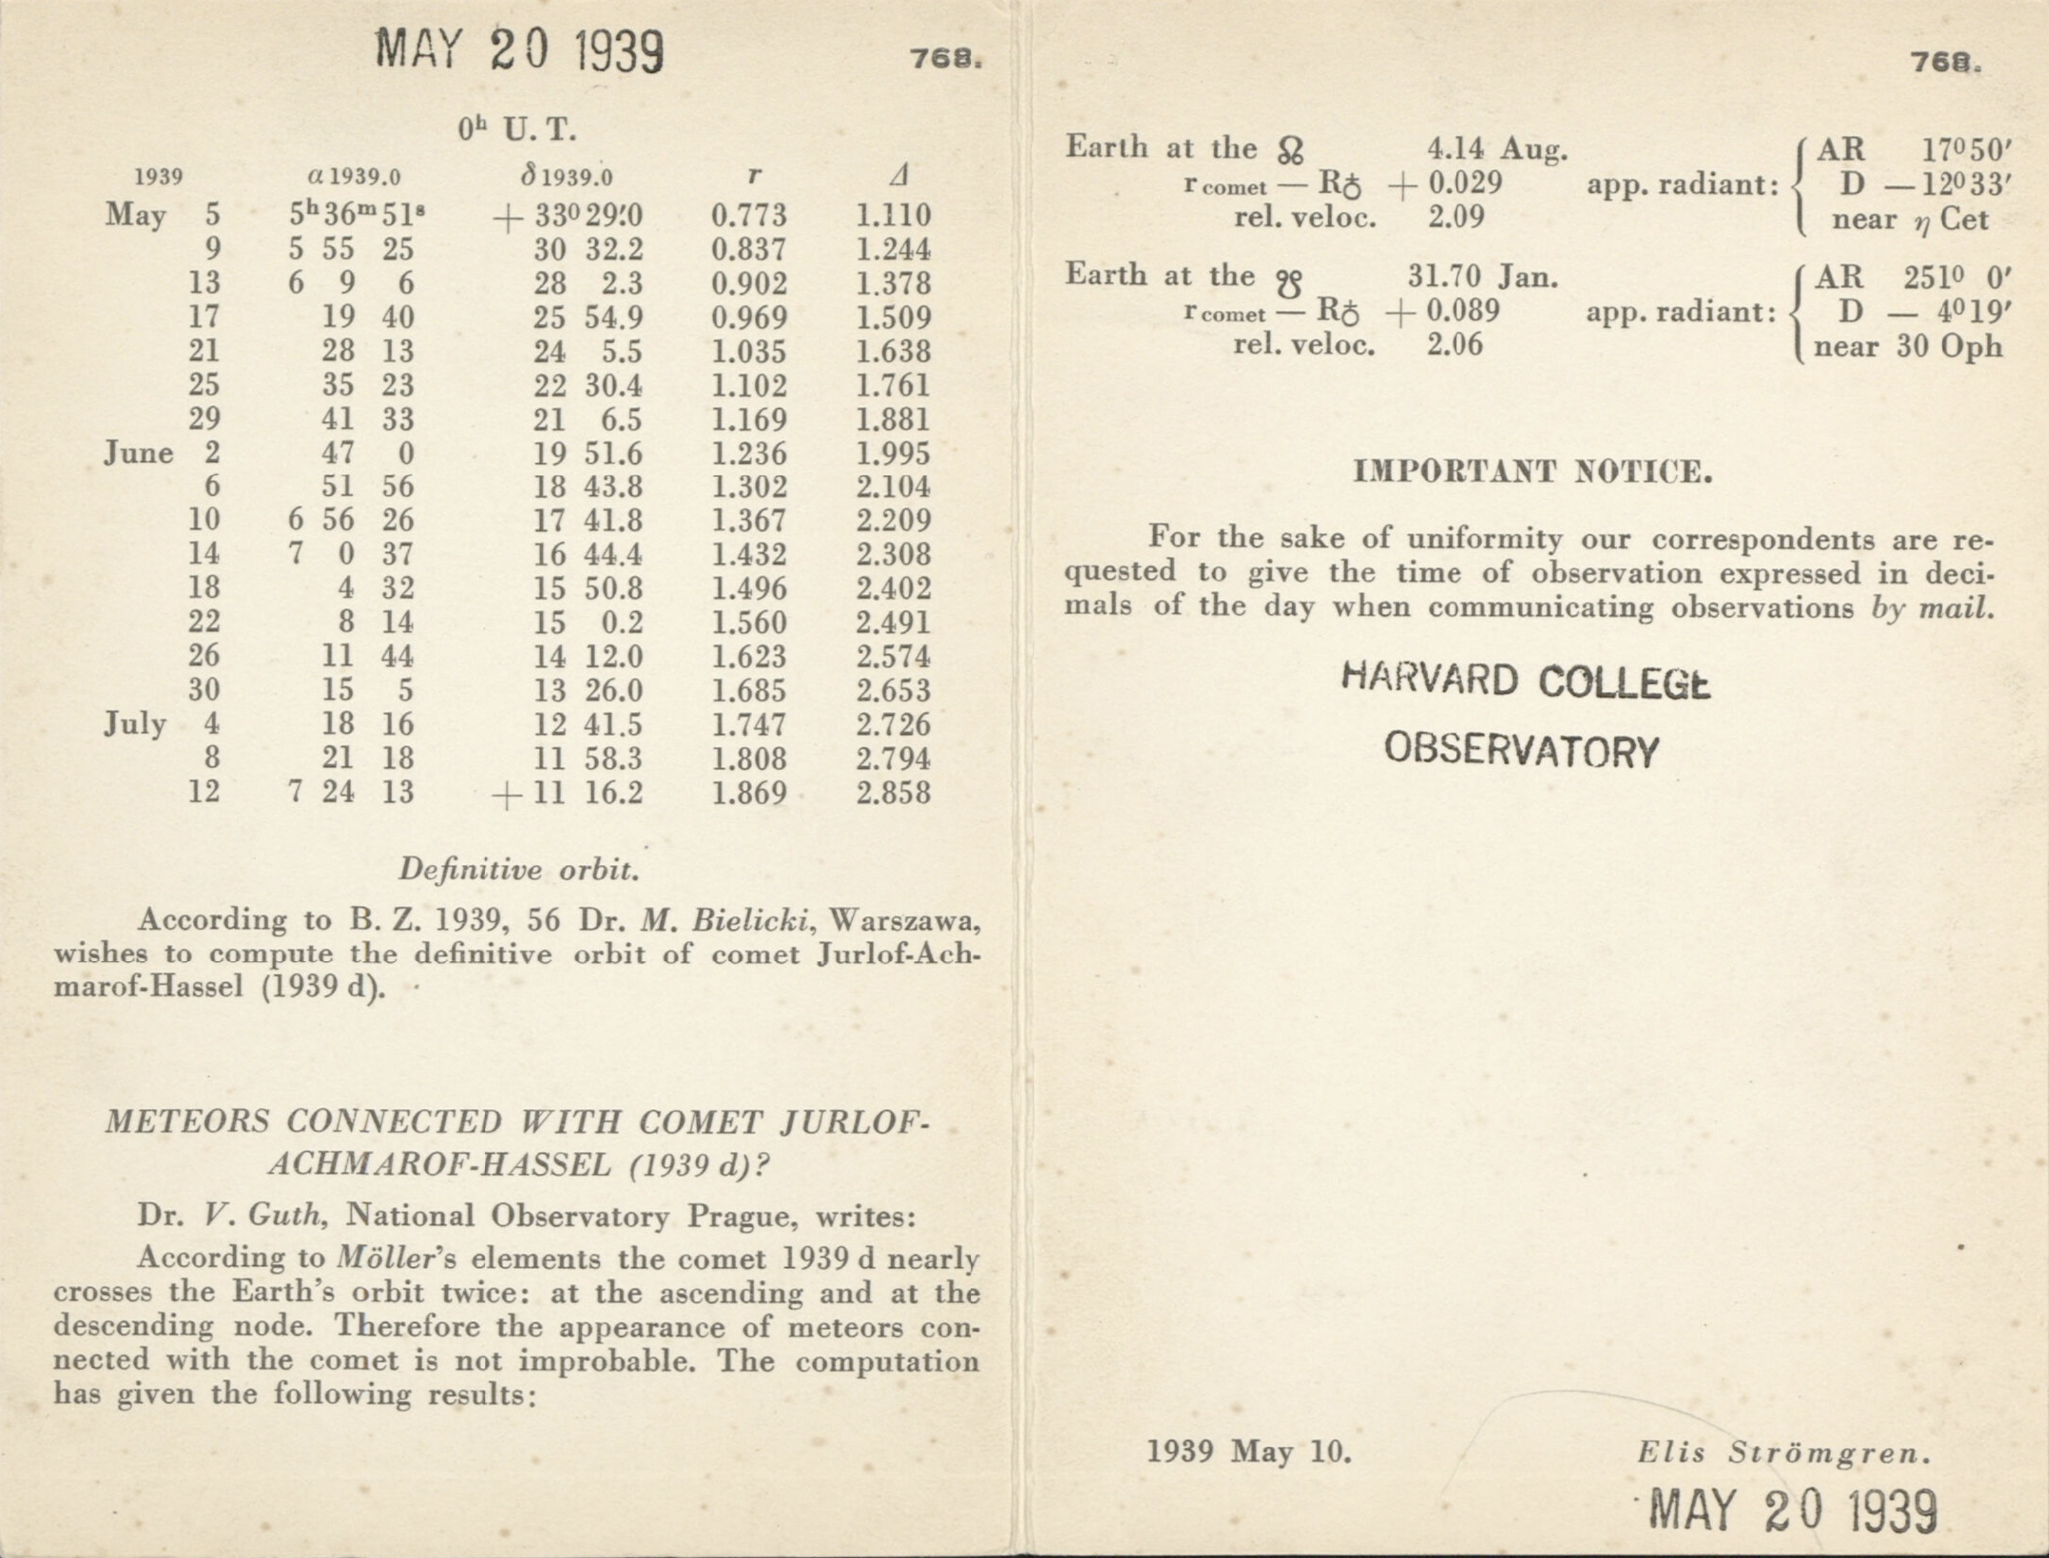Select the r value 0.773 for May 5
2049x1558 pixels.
pyautogui.click(x=748, y=216)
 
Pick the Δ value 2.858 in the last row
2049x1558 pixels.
pyautogui.click(x=893, y=793)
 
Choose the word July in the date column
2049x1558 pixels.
pyautogui.click(x=135, y=723)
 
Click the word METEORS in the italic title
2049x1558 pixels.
pyautogui.click(x=186, y=1122)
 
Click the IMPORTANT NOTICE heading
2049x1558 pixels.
pyautogui.click(x=1533, y=472)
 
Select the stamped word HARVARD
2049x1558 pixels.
pyautogui.click(x=1429, y=680)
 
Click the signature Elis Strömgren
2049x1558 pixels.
pyautogui.click(x=1784, y=1452)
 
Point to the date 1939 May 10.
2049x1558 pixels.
pyautogui.click(x=1249, y=1452)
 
